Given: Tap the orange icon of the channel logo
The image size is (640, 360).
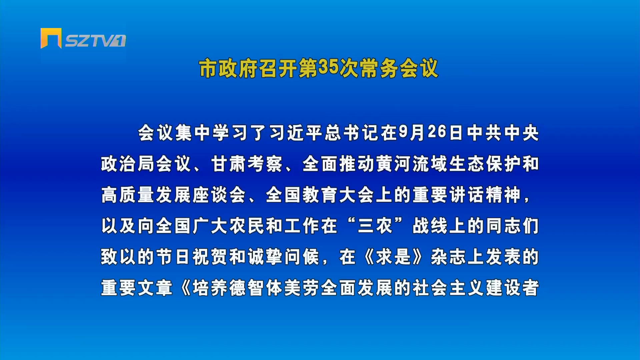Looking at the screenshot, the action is point(51,38).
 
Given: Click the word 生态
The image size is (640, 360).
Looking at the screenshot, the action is point(467,164).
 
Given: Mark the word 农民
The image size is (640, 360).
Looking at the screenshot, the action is point(246,226).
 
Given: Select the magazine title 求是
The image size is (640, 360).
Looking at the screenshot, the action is point(393,257).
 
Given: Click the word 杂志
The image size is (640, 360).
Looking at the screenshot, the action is point(448,257).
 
